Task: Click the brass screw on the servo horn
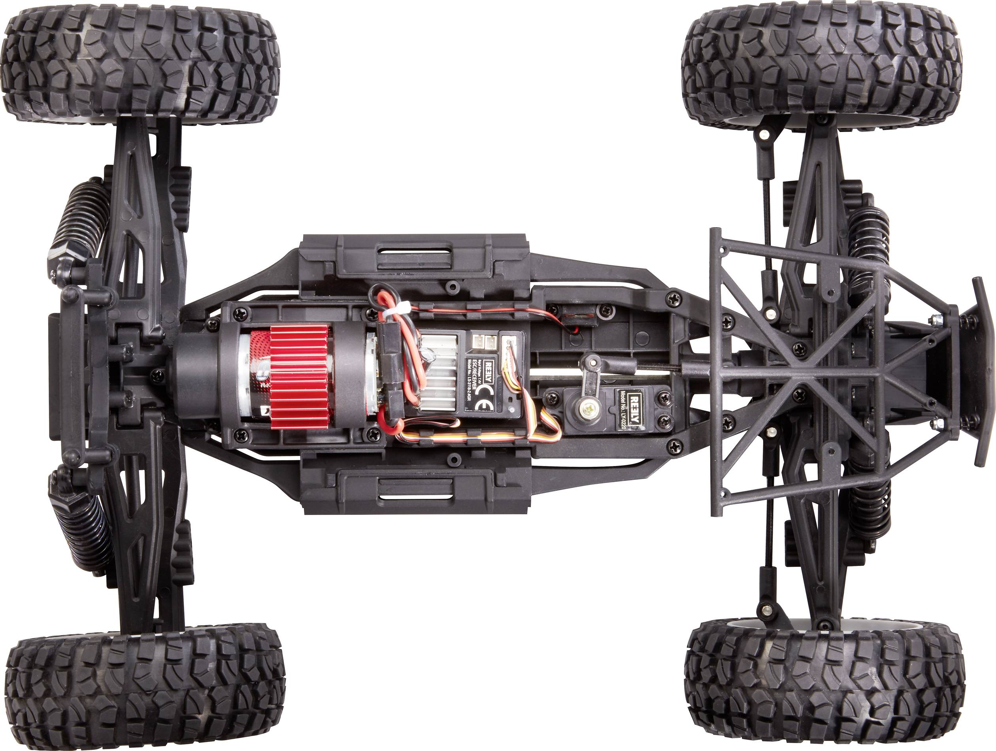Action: tap(587, 409)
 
